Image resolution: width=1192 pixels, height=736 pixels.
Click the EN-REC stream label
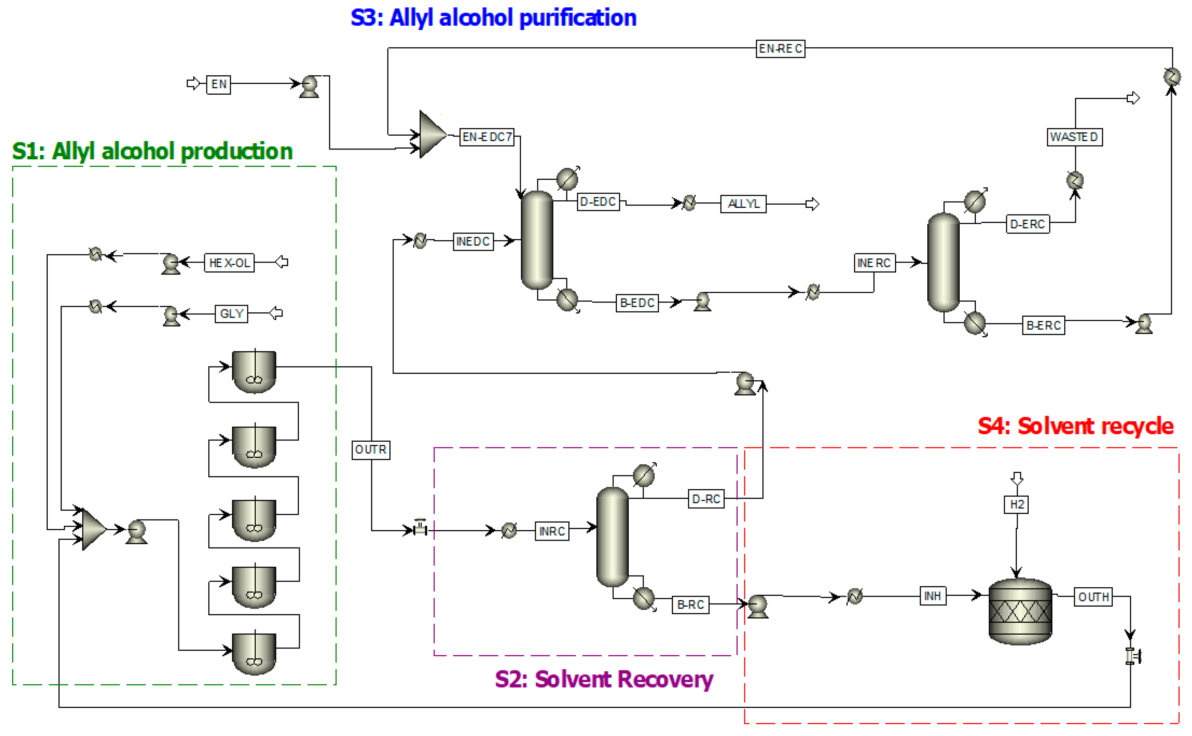coord(780,49)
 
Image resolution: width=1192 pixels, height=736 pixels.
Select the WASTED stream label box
coord(1075,137)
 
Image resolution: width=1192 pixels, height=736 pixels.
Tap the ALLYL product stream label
coord(743,204)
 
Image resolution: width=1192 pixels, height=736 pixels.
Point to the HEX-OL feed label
coord(229,263)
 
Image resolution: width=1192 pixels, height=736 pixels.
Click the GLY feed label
coord(231,314)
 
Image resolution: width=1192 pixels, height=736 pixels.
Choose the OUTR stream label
coord(371,449)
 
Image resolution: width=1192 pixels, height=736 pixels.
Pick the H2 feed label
coord(1017,504)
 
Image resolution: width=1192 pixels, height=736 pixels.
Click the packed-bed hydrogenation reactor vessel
coord(1020,611)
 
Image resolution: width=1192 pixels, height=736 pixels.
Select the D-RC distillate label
coord(706,499)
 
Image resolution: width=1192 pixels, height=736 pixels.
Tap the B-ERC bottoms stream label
coord(1044,325)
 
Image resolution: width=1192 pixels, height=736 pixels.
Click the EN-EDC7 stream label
coord(487,137)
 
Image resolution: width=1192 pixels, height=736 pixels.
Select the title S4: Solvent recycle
coord(1076,426)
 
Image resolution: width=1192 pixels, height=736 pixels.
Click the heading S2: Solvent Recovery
coord(604,680)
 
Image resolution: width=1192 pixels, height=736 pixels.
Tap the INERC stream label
coord(874,263)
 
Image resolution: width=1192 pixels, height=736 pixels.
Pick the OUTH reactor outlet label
coord(1093,597)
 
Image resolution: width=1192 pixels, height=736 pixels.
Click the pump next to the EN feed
coord(309,87)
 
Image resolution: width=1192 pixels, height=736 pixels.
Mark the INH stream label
coord(932,596)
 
